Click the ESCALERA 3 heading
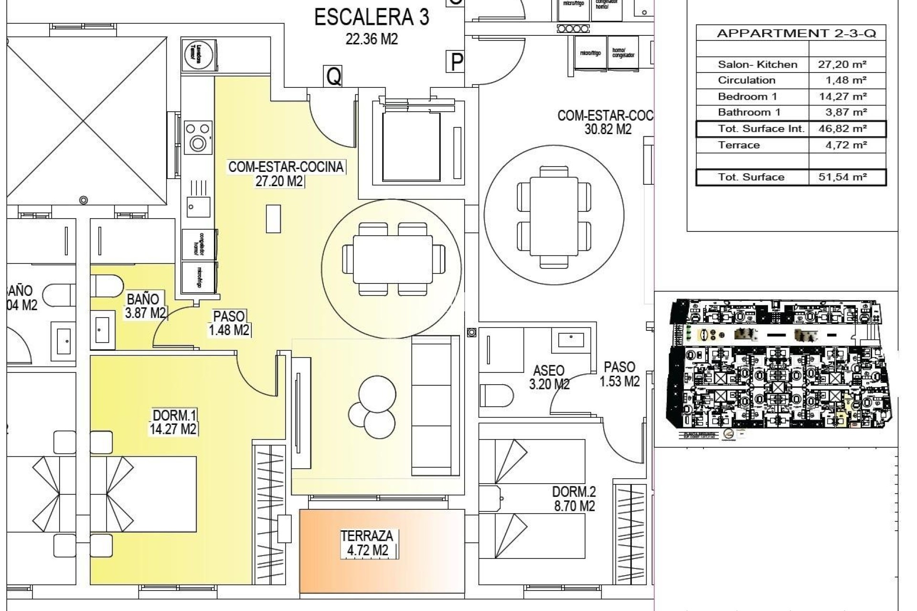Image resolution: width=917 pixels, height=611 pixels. [372, 18]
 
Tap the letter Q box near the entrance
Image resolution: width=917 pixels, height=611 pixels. [334, 76]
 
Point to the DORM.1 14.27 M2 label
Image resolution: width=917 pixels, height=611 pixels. [173, 422]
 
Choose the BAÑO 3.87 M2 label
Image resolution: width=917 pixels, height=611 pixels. [145, 306]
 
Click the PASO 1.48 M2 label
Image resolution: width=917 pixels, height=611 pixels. [229, 323]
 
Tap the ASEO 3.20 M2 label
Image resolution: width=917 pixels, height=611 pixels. [549, 377]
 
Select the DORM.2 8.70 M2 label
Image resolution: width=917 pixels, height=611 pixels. [574, 499]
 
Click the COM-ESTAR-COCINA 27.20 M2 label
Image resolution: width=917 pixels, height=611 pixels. [286, 174]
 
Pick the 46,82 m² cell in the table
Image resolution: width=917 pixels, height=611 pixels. [846, 129]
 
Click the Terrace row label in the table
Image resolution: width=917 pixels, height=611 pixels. [739, 146]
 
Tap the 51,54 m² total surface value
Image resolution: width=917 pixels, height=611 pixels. [846, 177]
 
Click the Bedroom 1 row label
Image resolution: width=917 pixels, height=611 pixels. [746, 96]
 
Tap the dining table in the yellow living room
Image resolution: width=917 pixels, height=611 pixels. [393, 260]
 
